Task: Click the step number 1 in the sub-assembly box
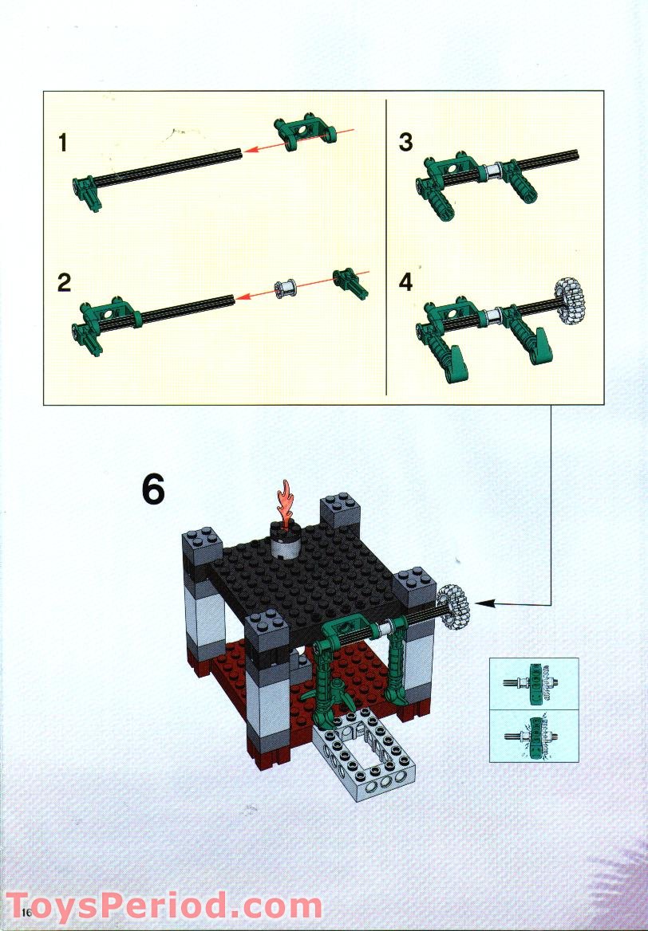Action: pyautogui.click(x=63, y=143)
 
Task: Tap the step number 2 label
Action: pyautogui.click(x=64, y=282)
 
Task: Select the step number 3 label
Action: pyautogui.click(x=405, y=143)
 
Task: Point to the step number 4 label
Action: pyautogui.click(x=406, y=282)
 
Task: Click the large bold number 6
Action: pyautogui.click(x=153, y=489)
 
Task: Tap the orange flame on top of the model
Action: pyautogui.click(x=283, y=501)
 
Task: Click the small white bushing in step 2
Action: pyautogui.click(x=283, y=288)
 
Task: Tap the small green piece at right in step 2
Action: pyautogui.click(x=350, y=282)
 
